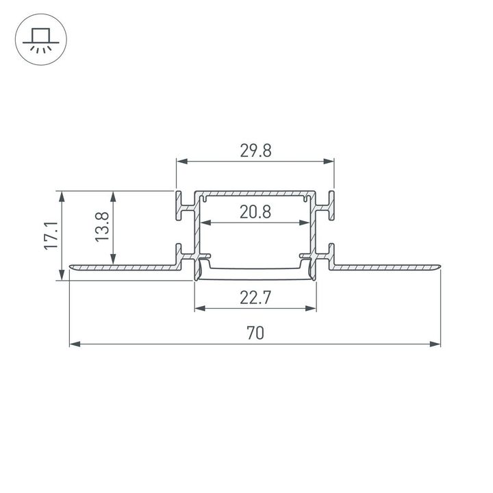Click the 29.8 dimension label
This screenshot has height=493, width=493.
pos(255,151)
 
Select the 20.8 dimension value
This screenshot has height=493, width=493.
pos(255,212)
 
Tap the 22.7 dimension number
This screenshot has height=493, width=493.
pos(255,298)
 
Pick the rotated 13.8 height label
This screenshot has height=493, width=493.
pos(102,226)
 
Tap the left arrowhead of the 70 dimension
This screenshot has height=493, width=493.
pos(74,343)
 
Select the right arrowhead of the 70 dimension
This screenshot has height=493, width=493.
pos(436,343)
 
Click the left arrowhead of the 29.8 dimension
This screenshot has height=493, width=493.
pos(181,162)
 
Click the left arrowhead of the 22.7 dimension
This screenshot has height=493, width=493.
pos(199,308)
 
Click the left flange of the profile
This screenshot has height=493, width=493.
pos(123,266)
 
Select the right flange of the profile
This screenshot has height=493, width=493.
pos(387,266)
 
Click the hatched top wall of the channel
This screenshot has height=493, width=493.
pos(255,192)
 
